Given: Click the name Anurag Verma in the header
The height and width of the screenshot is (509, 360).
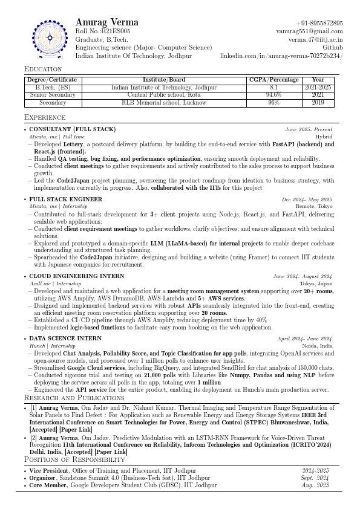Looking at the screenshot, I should click(x=107, y=22).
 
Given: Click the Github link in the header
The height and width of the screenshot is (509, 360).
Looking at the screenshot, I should click(x=333, y=47).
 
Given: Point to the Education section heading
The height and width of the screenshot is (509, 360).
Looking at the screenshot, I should click(x=43, y=69).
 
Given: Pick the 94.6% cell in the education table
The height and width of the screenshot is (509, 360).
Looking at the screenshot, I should click(x=274, y=95).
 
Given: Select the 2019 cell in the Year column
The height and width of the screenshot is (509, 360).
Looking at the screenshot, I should click(x=318, y=103).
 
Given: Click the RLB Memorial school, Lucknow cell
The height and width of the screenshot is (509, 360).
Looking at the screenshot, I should click(x=164, y=103).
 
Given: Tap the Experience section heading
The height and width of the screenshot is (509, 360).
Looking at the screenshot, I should click(x=45, y=117).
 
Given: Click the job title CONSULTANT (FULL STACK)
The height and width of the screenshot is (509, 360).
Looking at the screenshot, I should click(x=72, y=129).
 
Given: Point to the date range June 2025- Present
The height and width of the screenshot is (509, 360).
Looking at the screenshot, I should click(x=309, y=129).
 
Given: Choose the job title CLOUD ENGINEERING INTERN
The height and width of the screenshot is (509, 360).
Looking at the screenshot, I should click(x=77, y=276).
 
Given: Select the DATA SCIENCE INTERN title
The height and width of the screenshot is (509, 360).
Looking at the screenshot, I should click(x=65, y=339).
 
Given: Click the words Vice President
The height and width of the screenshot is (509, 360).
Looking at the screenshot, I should click(x=49, y=470).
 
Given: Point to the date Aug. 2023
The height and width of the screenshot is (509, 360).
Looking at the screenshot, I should click(x=315, y=485).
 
